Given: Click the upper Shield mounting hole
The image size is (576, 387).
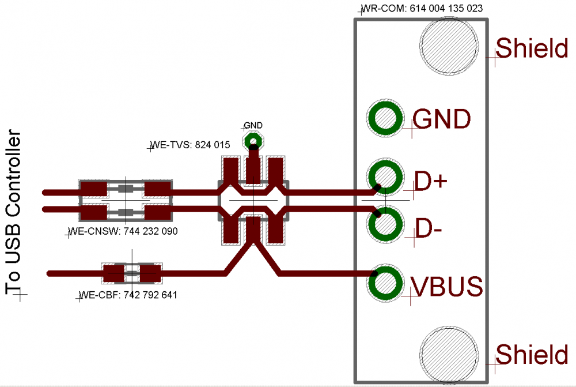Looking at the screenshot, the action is [449, 46].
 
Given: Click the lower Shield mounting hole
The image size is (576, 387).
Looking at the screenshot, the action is [449, 355].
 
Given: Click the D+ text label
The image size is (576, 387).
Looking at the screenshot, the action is [430, 181].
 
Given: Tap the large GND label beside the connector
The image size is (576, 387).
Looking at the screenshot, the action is [442, 118].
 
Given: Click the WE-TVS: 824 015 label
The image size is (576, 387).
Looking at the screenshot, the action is [190, 145].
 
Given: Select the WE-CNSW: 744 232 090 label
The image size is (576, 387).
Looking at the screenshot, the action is [123, 231].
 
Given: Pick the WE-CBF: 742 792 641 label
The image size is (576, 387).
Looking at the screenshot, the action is [128, 295].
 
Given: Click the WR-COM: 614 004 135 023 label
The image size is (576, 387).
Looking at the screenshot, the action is [422, 8].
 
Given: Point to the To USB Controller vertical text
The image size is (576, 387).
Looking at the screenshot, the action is [14, 212].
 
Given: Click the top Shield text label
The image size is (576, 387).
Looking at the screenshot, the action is [532, 48].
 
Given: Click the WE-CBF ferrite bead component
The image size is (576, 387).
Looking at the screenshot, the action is [132, 273].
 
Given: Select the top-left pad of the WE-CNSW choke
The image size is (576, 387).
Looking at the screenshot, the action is [94, 189].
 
